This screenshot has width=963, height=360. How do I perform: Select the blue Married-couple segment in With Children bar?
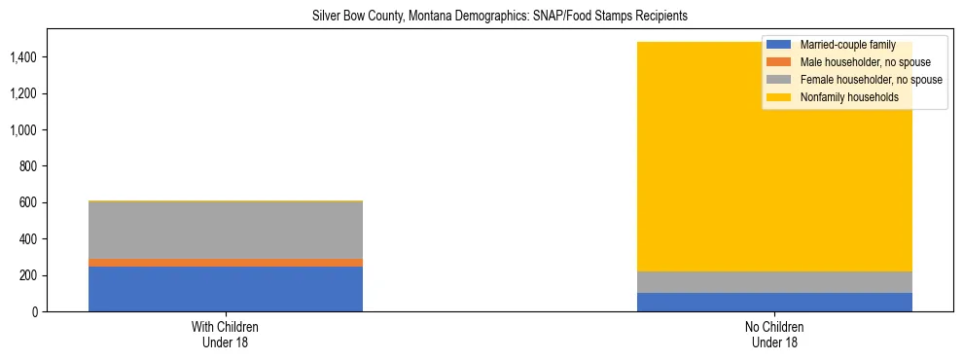226,289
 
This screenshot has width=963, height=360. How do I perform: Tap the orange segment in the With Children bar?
226,263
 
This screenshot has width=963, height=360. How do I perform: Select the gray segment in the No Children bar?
775,282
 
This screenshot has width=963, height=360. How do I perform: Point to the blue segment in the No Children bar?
775,302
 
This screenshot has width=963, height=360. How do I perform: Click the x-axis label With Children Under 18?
226,334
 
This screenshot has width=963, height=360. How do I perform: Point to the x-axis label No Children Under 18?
775,334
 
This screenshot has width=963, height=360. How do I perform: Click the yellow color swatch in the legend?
779,97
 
